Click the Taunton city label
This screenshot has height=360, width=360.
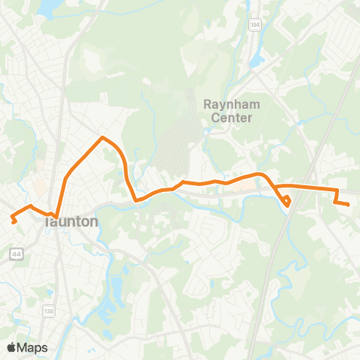[x=71, y=222]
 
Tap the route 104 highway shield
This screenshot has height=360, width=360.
[x=256, y=25]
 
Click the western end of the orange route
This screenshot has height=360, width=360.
[x=13, y=220]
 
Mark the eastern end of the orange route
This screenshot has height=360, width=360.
[x=349, y=204]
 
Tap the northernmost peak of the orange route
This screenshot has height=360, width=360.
[x=103, y=137]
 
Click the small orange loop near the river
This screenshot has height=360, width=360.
[x=287, y=199]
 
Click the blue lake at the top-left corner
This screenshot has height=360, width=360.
[x=46, y=7]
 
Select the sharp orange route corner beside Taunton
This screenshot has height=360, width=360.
[x=56, y=218]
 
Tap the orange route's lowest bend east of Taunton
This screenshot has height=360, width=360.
[x=136, y=200]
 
